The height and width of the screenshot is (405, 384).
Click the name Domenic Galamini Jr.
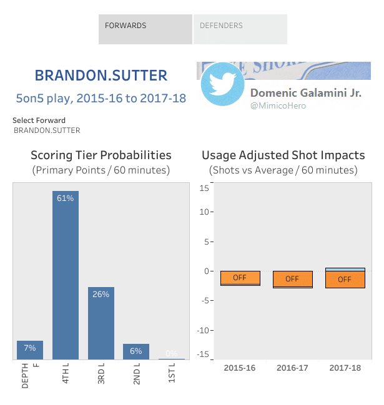[305, 93]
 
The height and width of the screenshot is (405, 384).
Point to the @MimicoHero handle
[278, 106]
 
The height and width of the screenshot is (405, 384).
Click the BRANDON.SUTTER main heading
[101, 76]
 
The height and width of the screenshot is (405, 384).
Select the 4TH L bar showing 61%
[66, 275]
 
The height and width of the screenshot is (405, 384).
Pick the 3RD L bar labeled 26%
[101, 323]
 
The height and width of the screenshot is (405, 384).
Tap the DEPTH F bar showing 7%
[30, 349]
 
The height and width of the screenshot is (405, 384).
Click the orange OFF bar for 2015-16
[240, 278]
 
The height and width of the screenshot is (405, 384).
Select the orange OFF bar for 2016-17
[292, 279]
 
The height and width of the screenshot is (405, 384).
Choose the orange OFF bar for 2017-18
[345, 279]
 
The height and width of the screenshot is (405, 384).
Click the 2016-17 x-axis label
[292, 368]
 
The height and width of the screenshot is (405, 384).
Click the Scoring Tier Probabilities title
[101, 155]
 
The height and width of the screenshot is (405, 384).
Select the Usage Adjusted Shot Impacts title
[283, 155]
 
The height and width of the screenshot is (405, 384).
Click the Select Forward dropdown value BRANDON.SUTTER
[47, 131]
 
